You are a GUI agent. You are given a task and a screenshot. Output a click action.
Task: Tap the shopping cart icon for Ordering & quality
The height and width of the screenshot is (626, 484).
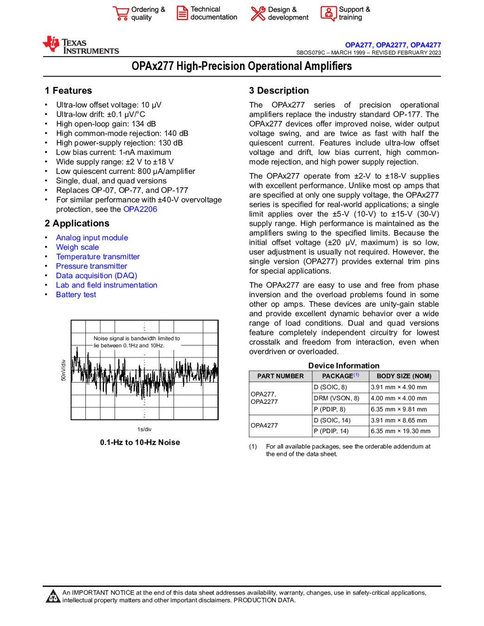(121, 13)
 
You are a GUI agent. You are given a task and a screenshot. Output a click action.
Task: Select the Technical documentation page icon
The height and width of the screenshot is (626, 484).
(182, 13)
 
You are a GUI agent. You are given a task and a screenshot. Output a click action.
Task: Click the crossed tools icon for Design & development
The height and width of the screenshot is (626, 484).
(258, 13)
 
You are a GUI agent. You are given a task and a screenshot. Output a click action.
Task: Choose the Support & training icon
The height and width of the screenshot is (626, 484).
(328, 13)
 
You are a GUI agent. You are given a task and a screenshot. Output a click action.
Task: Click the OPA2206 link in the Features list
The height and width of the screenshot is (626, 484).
(140, 209)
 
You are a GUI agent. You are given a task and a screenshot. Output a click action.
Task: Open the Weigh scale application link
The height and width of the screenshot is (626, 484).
(77, 247)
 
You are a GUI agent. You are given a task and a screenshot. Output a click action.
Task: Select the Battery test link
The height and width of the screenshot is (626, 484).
(76, 295)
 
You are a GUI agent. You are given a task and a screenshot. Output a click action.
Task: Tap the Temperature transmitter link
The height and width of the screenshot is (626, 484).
(98, 257)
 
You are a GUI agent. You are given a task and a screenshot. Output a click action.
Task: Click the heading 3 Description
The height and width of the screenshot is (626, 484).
(279, 91)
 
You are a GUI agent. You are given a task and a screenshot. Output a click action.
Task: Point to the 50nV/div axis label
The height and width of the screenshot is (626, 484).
(64, 370)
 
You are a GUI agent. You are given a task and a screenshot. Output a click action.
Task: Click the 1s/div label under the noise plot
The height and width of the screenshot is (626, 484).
(144, 429)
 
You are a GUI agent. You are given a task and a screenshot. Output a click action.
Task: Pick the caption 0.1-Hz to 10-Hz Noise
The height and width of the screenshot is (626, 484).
(140, 442)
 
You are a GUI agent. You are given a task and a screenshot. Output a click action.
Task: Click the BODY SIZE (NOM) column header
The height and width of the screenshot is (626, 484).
(404, 376)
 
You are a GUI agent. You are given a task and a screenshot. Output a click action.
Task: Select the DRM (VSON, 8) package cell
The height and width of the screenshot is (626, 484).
(336, 398)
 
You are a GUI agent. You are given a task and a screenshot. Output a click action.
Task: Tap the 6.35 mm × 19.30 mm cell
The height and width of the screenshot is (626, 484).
(400, 431)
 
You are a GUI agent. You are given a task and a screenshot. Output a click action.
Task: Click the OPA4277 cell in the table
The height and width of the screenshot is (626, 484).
(265, 425)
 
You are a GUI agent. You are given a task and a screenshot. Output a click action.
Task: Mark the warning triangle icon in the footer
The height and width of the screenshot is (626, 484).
(53, 596)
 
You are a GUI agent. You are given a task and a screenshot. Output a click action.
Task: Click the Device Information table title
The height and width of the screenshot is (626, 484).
(344, 366)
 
